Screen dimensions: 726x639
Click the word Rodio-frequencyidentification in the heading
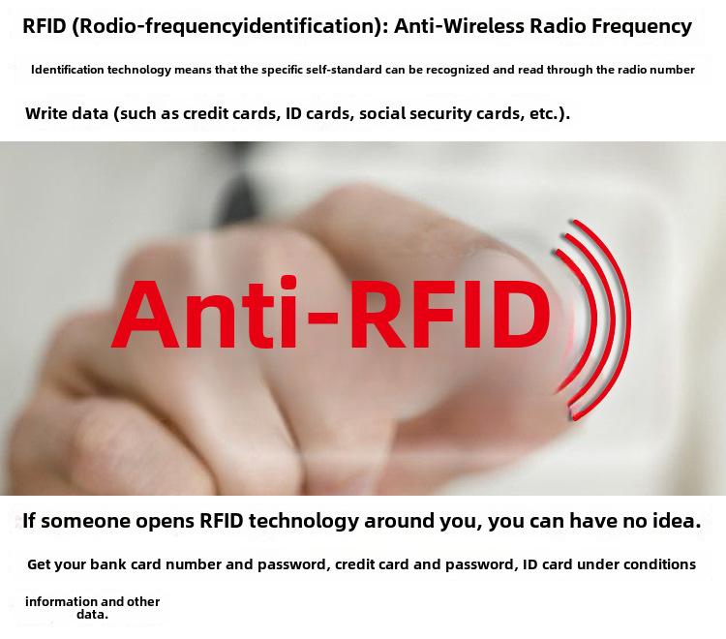[x=227, y=26]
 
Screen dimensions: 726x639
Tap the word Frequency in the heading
[x=642, y=27]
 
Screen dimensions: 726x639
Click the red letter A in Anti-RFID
[x=145, y=315]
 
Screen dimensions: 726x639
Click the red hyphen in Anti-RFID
[x=320, y=317]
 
